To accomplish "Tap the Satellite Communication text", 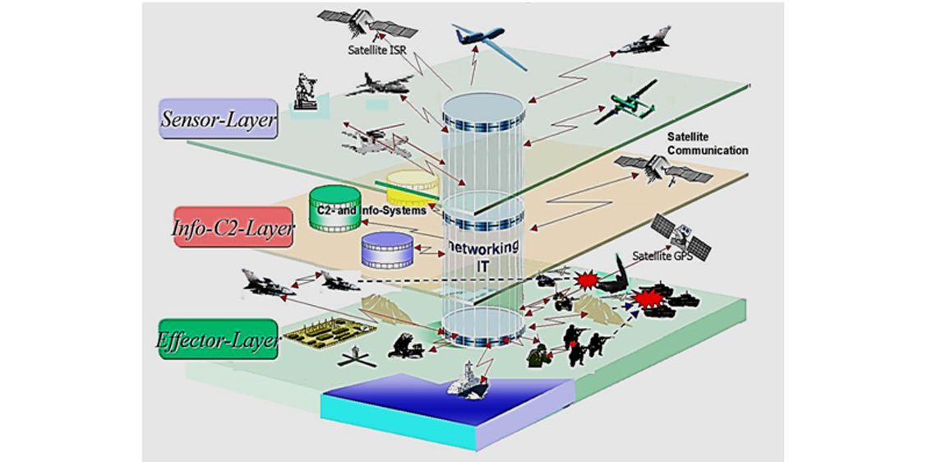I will point(708,144).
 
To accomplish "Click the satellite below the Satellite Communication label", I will point(663,169).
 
